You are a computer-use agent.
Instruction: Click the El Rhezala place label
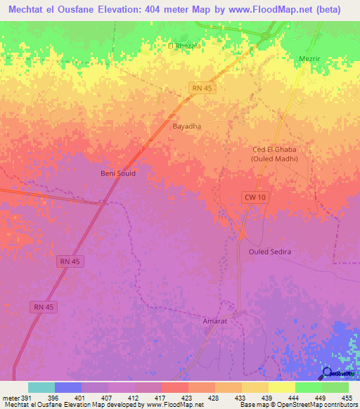coord(184,46)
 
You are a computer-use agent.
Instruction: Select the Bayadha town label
coord(187,126)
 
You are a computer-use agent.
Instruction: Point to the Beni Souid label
coord(116,173)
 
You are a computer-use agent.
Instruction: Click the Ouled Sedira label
coord(270,251)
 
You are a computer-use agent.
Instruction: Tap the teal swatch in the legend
coord(41,388)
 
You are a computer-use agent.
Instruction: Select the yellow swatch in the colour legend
coord(282,388)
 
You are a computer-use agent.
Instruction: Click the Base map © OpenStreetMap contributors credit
coord(298,404)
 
